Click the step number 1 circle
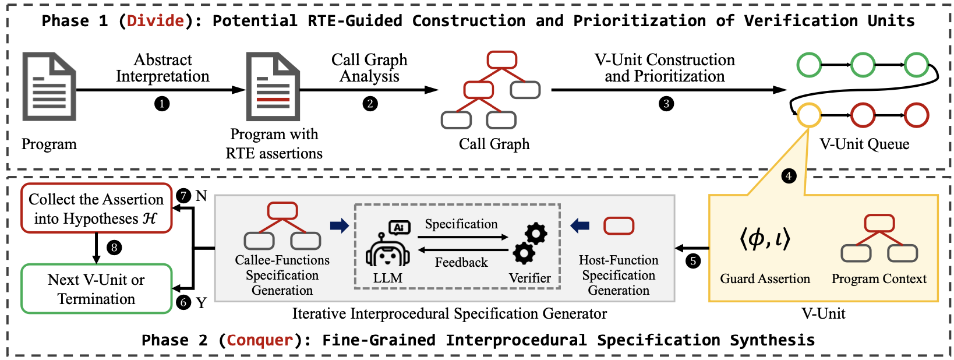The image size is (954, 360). click(162, 104)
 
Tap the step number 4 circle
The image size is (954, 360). click(789, 176)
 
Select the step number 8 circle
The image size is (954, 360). click(114, 248)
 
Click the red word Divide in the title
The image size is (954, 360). click(156, 21)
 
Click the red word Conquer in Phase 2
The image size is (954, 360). click(260, 340)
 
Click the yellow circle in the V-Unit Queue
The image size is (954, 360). click(809, 115)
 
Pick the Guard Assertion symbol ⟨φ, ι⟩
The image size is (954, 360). click(765, 238)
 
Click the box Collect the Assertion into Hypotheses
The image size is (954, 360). click(97, 209)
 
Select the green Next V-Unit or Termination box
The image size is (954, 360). click(97, 289)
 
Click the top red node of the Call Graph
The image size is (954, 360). click(501, 59)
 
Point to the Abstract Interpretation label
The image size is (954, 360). click(162, 68)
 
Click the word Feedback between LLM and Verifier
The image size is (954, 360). click(461, 263)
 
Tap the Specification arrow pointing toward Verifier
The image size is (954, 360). click(463, 237)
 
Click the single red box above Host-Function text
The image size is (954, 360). click(619, 225)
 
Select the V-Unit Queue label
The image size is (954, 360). click(864, 144)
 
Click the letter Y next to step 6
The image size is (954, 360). click(202, 303)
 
